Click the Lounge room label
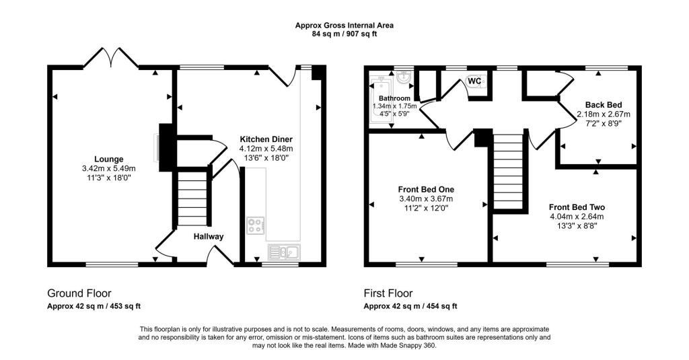(108, 159)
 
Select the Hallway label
(209, 237)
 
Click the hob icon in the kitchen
(255, 225)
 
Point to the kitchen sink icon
(284, 252)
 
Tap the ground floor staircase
(193, 199)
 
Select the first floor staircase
(509, 171)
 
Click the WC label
(474, 81)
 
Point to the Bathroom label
(394, 98)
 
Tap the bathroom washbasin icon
(404, 78)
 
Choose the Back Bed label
(603, 105)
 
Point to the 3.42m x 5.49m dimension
(108, 169)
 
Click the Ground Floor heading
(79, 293)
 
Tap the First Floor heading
(388, 293)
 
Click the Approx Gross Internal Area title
(344, 26)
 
